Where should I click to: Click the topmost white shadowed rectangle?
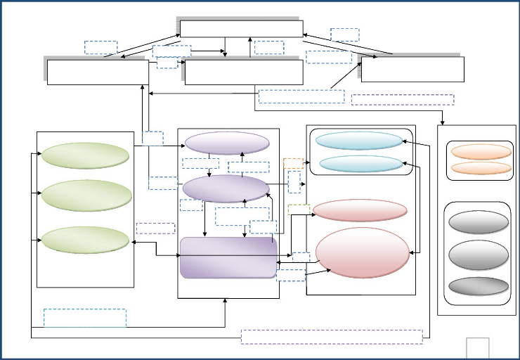click(x=241, y=28)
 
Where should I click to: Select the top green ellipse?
click(x=84, y=155)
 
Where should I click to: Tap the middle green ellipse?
click(x=84, y=196)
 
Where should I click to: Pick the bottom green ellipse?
click(x=84, y=240)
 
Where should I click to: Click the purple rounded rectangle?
click(x=228, y=258)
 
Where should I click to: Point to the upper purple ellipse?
click(x=227, y=143)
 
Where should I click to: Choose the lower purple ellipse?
click(x=226, y=188)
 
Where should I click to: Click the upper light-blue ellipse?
click(x=359, y=141)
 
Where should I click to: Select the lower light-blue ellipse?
click(x=361, y=164)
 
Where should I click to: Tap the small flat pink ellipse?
click(x=360, y=210)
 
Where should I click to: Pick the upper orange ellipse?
click(x=481, y=151)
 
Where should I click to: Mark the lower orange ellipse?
click(x=481, y=168)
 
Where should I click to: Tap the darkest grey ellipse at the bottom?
click(x=478, y=286)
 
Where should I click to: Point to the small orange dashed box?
click(x=293, y=163)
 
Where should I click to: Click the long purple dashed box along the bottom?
click(x=332, y=337)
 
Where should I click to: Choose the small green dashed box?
click(x=299, y=209)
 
